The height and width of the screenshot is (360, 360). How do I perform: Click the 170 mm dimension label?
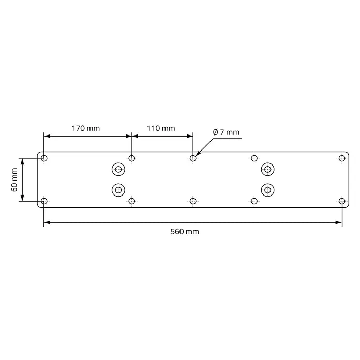[86, 128]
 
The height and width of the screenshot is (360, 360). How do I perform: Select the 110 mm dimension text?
[161, 128]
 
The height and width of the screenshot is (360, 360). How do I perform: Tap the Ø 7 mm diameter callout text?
[226, 132]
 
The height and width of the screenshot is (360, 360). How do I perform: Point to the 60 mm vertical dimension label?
[14, 179]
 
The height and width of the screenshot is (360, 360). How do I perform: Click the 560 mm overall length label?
[185, 231]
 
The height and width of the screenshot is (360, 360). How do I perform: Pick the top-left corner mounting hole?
[44, 158]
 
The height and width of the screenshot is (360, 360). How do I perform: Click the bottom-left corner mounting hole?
[44, 201]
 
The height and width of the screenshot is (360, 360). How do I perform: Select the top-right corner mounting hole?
[342, 158]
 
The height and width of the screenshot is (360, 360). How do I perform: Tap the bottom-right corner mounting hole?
[342, 201]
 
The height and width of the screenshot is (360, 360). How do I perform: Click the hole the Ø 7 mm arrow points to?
[193, 158]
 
